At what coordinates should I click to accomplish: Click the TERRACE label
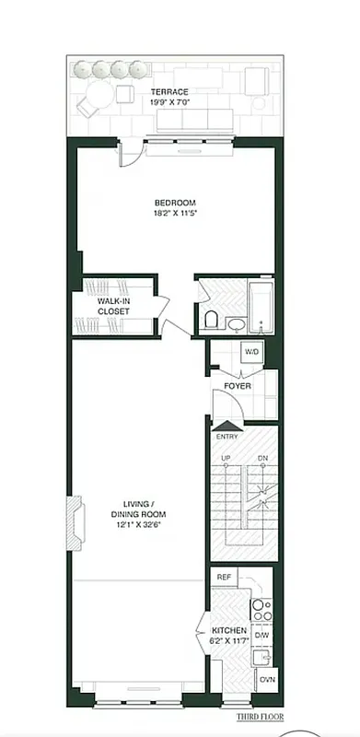point(170,92)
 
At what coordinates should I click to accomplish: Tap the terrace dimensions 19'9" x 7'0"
point(170,102)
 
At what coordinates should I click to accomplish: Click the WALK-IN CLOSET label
point(113,306)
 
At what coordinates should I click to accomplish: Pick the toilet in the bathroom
point(211,319)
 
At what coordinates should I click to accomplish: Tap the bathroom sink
point(237,323)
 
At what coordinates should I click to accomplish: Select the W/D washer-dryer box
point(251,353)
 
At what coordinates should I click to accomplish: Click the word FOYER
point(238,385)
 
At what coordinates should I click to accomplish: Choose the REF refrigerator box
point(224,578)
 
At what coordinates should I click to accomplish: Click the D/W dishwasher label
point(261,635)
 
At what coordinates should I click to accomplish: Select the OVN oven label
point(265,679)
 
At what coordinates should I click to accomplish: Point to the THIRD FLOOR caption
point(260,716)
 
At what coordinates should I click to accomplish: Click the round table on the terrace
point(125,95)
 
